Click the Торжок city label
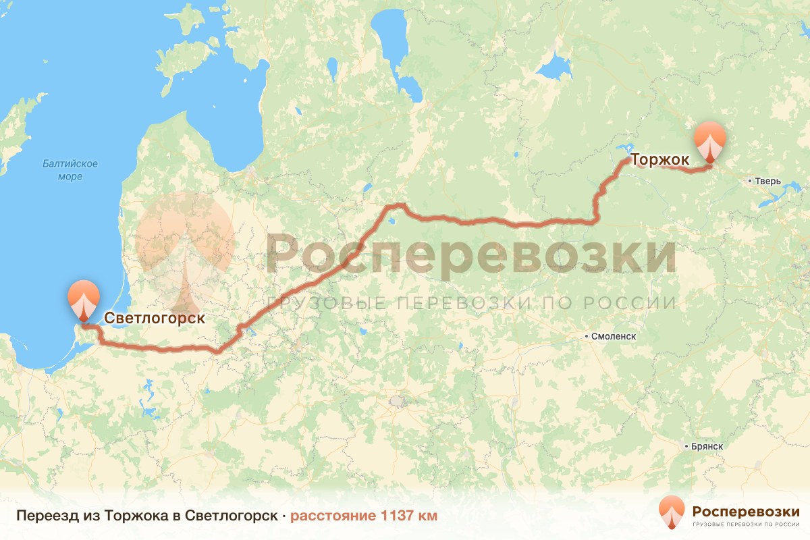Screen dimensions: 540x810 click(659, 160)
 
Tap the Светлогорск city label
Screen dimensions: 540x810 click(155, 317)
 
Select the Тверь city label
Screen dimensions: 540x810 click(768, 182)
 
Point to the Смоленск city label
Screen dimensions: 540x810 click(613, 336)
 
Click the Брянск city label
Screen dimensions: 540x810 click(707, 447)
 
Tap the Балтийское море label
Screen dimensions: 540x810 click(70, 170)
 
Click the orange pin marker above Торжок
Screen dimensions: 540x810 click(710, 142)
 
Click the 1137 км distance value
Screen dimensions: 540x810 click(409, 516)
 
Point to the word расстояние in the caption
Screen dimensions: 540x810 click(333, 516)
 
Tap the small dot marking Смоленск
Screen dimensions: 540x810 click(587, 336)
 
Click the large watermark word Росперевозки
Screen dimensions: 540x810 click(470, 252)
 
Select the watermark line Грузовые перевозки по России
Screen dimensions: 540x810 click(470, 302)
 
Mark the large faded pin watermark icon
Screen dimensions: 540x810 click(184, 250)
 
